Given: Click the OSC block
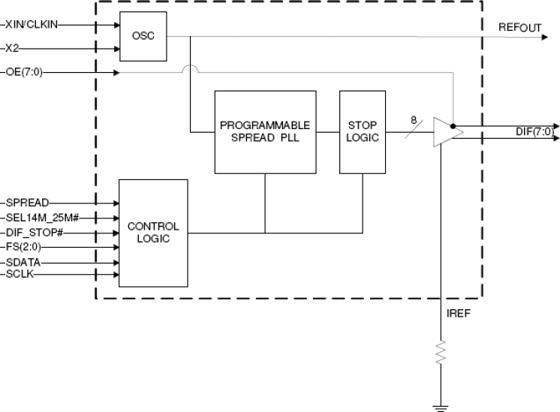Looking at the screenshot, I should click(x=143, y=36).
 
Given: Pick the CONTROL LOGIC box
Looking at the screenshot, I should click(x=153, y=233).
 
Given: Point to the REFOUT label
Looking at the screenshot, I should click(x=519, y=28).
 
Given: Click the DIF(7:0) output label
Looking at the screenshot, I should click(x=534, y=132).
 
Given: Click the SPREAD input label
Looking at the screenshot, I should click(x=26, y=203).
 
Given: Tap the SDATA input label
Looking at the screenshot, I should click(x=23, y=262).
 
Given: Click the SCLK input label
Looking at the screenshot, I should click(x=21, y=275).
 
